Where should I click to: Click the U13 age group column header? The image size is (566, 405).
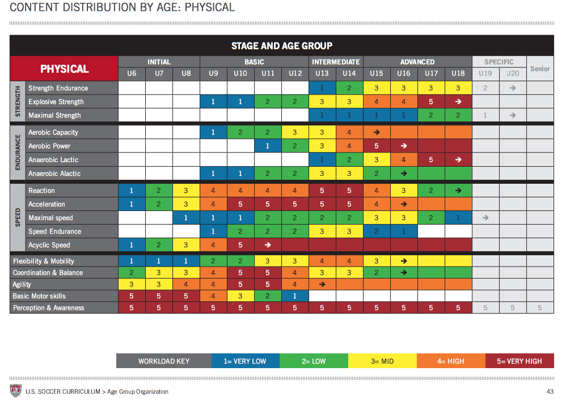(x=322, y=74)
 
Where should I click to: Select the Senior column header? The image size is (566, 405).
(x=540, y=69)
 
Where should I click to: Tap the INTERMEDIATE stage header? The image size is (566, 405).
(x=336, y=62)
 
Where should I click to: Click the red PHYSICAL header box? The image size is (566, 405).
(x=64, y=69)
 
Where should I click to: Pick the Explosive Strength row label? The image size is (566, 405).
(x=56, y=102)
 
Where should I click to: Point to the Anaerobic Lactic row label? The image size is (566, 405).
(x=53, y=160)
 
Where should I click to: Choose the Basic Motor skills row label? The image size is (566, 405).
(x=39, y=296)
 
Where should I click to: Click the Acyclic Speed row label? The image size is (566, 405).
(x=49, y=245)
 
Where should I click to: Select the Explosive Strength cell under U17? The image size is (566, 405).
(x=431, y=102)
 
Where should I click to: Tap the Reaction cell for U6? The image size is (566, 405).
(x=132, y=191)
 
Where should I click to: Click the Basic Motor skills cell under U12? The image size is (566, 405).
(x=295, y=296)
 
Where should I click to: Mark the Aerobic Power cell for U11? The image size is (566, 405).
(x=268, y=146)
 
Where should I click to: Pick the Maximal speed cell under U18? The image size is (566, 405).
(x=458, y=218)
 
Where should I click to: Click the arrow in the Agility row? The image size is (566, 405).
(x=322, y=284)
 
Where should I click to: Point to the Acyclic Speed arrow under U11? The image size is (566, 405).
(x=268, y=244)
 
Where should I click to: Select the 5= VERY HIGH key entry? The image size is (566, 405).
(x=519, y=361)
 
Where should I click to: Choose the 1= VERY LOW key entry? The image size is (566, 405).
(x=245, y=361)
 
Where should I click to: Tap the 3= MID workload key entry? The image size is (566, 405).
(x=382, y=361)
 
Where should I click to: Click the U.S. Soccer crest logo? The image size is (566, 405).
(x=15, y=391)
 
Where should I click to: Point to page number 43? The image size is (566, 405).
(x=550, y=391)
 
